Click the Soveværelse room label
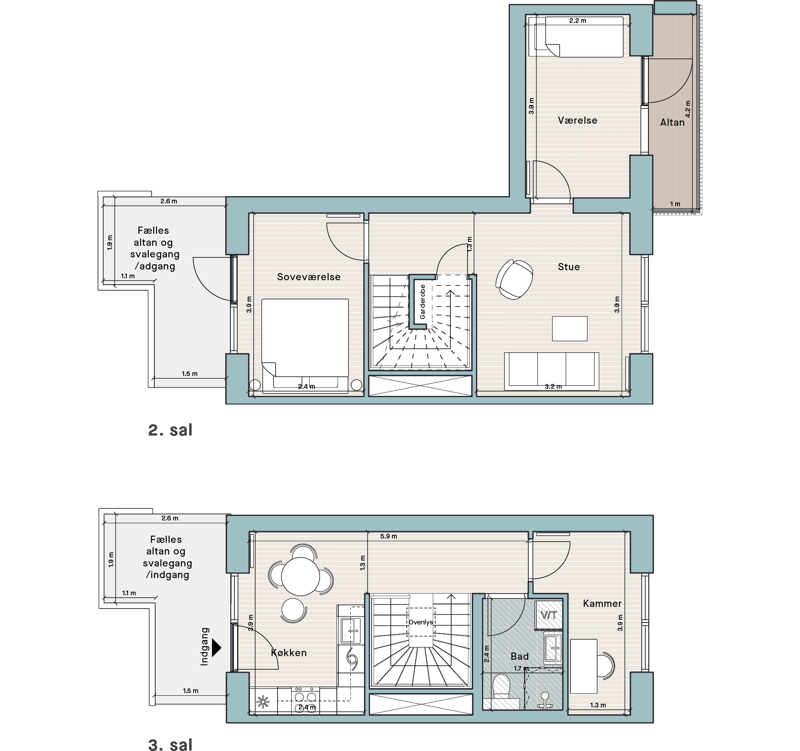click(309, 277)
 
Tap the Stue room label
click(569, 267)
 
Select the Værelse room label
click(578, 120)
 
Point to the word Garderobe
click(422, 302)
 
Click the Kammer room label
click(602, 603)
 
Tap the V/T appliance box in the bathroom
click(548, 615)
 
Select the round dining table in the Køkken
click(300, 576)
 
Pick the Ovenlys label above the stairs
click(420, 622)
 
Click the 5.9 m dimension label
click(388, 536)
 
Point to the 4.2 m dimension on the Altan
click(688, 109)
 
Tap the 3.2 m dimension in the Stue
click(553, 387)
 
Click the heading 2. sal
click(170, 430)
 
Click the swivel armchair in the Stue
click(514, 279)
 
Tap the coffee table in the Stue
click(570, 329)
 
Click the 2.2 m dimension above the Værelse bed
click(578, 20)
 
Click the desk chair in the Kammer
click(606, 666)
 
